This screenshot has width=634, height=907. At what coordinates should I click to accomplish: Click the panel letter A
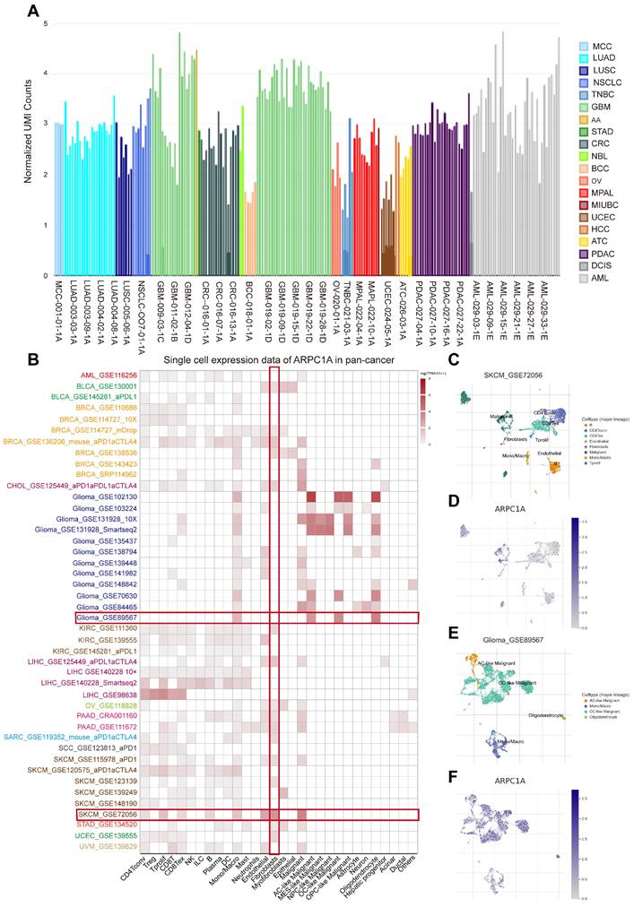(33, 12)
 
